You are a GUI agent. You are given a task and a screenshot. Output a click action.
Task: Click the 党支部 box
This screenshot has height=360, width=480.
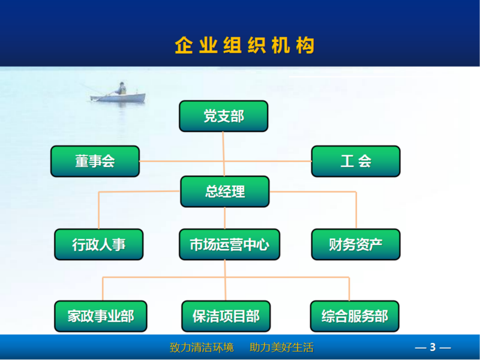pyautogui.click(x=223, y=116)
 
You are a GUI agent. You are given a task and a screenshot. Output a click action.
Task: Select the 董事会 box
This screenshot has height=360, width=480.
pyautogui.click(x=95, y=161)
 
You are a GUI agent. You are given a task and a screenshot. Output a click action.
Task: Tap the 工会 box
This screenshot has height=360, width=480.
pyautogui.click(x=356, y=161)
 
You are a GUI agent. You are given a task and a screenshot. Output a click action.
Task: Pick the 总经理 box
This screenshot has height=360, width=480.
pyautogui.click(x=225, y=191)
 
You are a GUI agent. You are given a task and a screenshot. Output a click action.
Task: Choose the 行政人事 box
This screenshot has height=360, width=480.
pyautogui.click(x=98, y=244)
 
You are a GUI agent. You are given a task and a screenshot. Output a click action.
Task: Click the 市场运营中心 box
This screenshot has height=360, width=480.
pyautogui.click(x=230, y=244)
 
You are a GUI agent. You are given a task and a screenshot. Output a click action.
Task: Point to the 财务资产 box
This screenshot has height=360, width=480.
pyautogui.click(x=356, y=244)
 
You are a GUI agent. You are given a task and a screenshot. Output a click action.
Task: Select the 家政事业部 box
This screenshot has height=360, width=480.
pyautogui.click(x=101, y=316)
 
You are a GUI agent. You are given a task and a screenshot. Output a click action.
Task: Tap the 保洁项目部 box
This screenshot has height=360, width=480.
pyautogui.click(x=226, y=316)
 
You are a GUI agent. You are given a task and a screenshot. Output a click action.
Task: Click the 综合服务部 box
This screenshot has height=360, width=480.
pyautogui.click(x=355, y=316)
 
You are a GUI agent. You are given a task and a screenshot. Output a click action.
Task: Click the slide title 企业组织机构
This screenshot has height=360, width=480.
pyautogui.click(x=245, y=46)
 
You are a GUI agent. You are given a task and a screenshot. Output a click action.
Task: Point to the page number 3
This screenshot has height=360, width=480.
pyautogui.click(x=433, y=347)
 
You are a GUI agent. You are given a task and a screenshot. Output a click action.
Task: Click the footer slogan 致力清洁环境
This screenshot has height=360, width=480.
pyautogui.click(x=202, y=347)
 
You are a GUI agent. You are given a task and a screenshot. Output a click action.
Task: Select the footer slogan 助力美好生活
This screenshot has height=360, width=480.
pyautogui.click(x=281, y=347)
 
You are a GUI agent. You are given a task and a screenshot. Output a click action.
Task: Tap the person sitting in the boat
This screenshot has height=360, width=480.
pyautogui.click(x=121, y=88)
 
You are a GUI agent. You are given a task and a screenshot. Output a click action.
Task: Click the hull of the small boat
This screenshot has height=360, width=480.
pyautogui.click(x=118, y=98)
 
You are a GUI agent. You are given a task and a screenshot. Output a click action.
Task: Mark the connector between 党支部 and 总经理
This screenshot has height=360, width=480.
pyautogui.click(x=223, y=154)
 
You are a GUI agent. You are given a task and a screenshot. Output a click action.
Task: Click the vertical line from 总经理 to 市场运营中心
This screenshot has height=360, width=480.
pyautogui.click(x=224, y=218)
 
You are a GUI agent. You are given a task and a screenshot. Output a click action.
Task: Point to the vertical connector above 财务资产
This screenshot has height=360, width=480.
pyautogui.click(x=356, y=210)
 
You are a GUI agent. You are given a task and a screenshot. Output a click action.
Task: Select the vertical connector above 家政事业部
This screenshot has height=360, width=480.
pyautogui.click(x=103, y=289)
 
